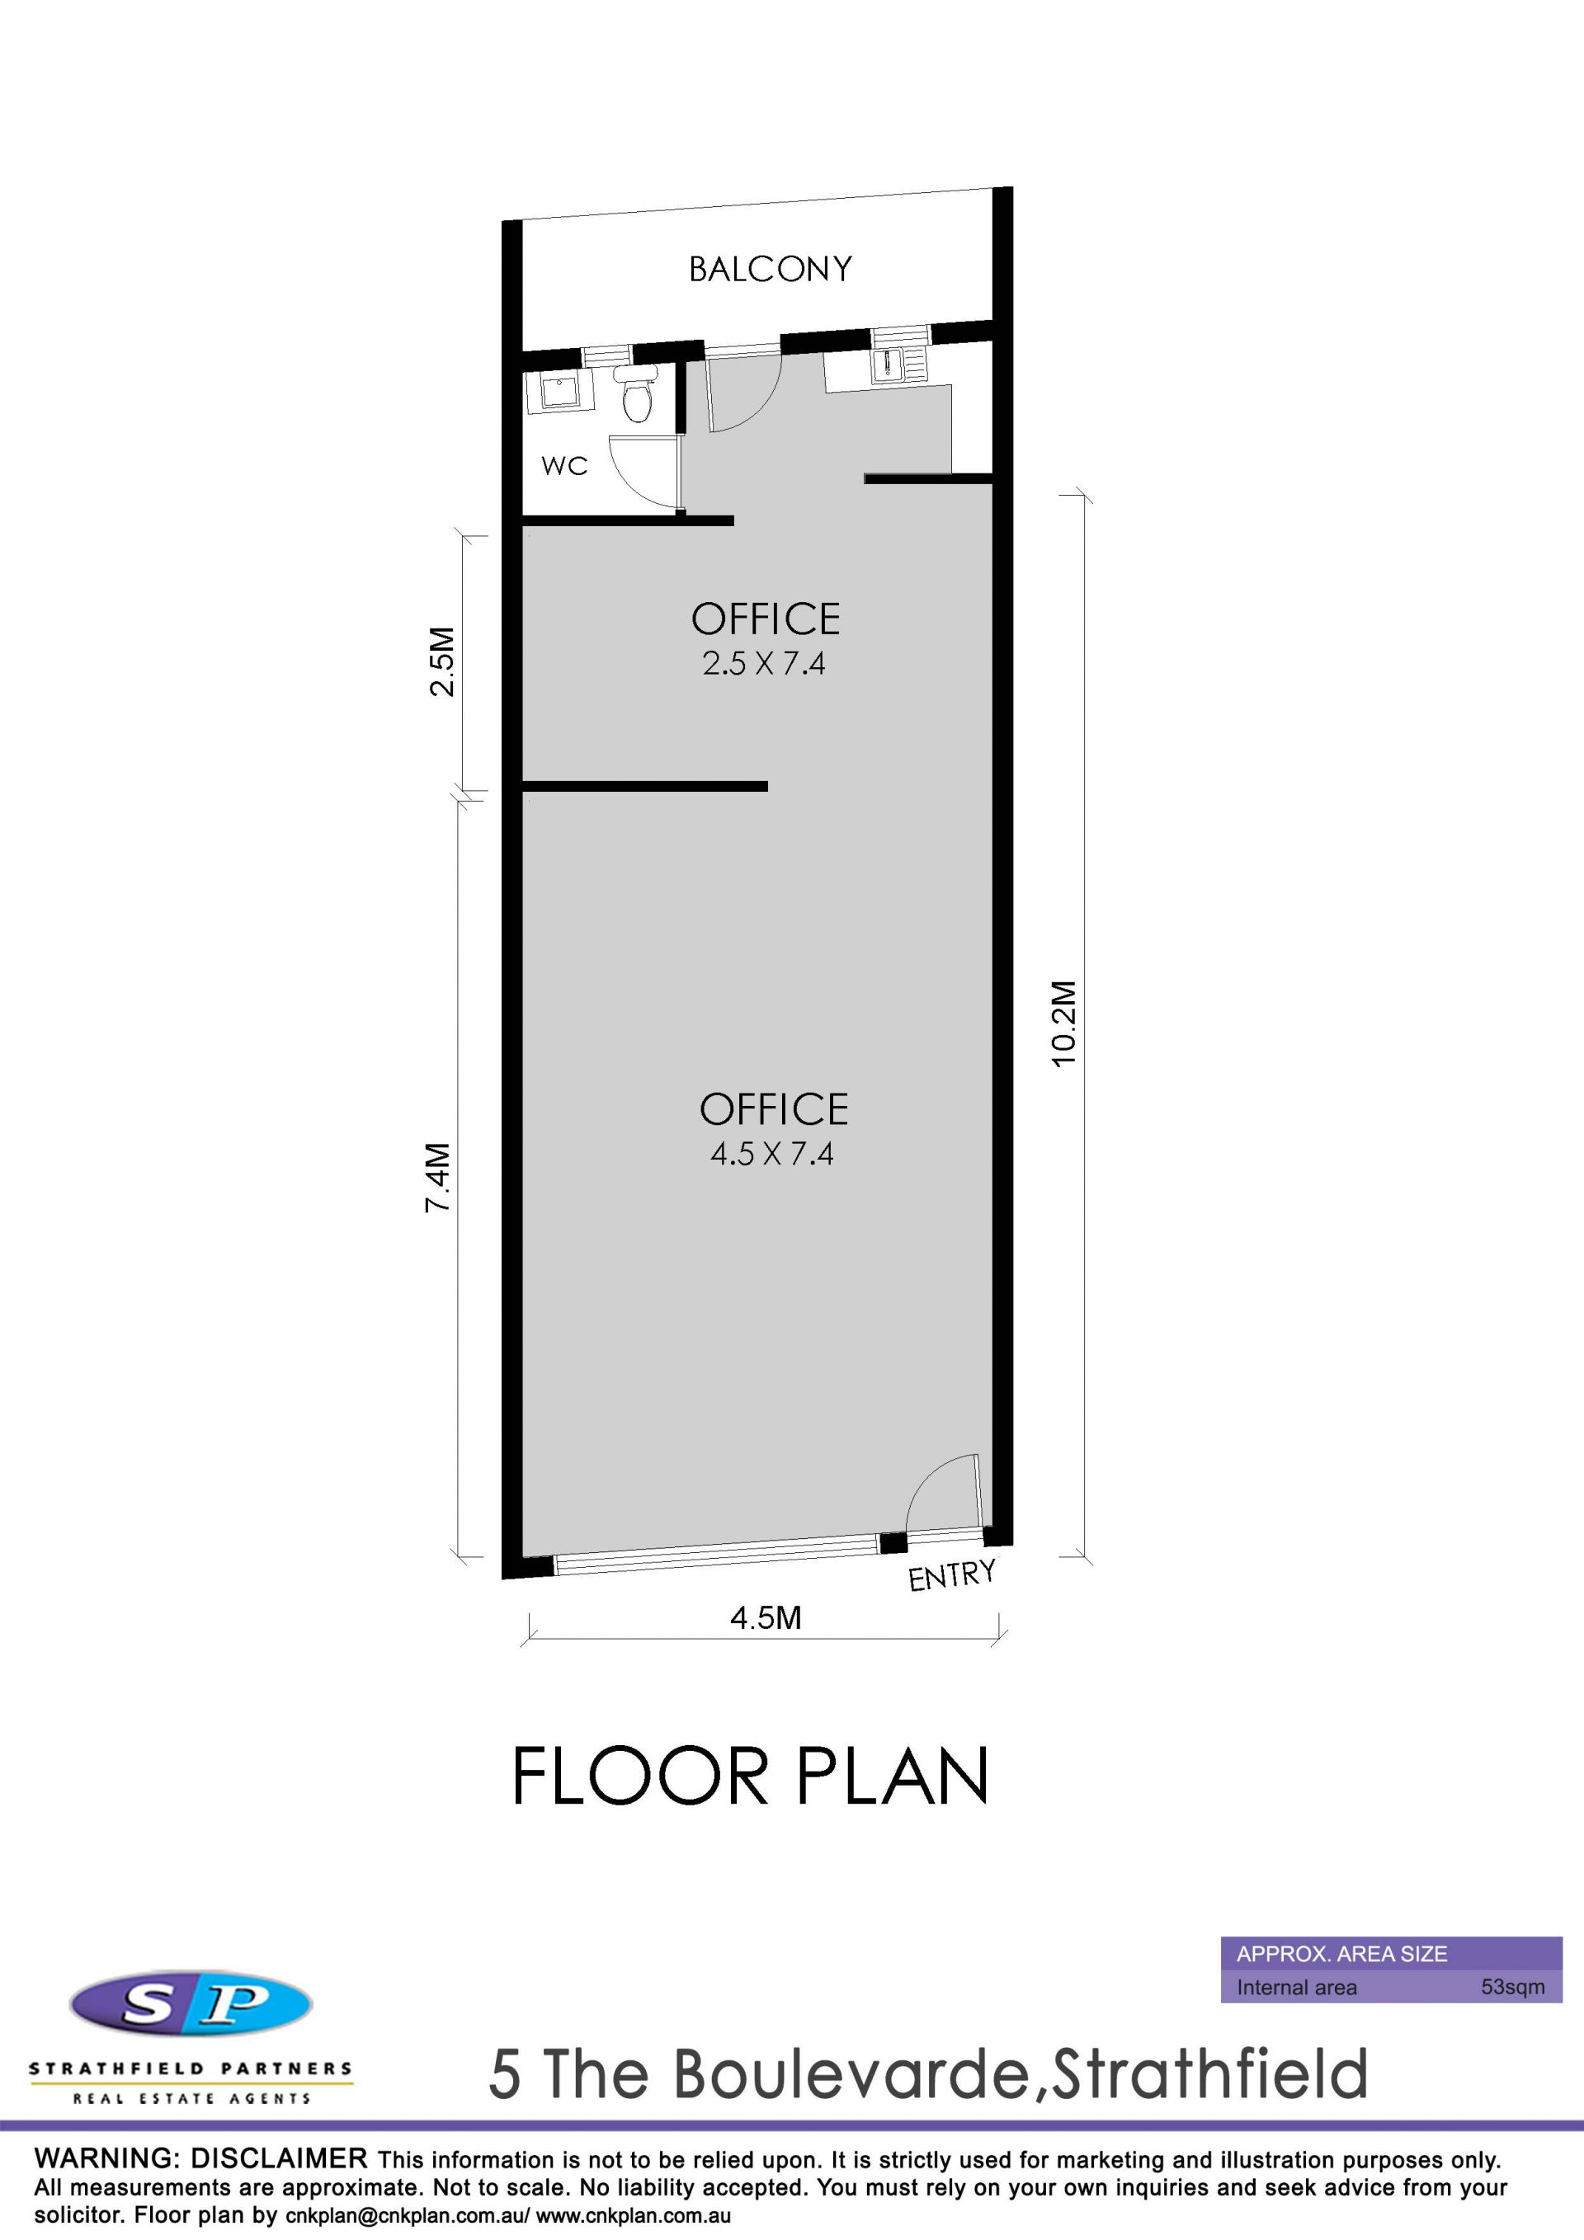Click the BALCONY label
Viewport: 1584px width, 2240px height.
click(770, 269)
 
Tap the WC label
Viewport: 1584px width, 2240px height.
click(565, 466)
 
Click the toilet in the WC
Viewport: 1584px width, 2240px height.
click(636, 394)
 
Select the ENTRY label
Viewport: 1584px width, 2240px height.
click(951, 1574)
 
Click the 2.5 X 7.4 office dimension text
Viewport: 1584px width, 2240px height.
click(763, 663)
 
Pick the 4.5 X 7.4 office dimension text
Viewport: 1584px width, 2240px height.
click(771, 1154)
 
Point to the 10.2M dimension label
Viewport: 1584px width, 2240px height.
click(1063, 1024)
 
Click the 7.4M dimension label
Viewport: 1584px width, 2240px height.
click(437, 1178)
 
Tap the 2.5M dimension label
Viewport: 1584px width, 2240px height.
click(442, 661)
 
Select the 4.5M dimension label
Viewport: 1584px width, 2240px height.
click(766, 1617)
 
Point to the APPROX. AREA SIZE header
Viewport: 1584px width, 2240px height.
click(1342, 1953)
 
